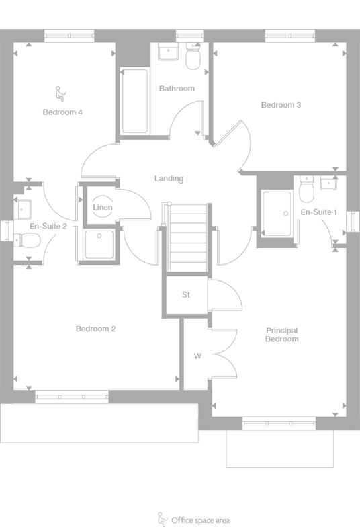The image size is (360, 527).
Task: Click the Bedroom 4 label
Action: click(62, 112)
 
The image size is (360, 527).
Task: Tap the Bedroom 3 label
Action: click(281, 105)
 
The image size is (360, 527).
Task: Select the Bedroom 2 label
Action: click(95, 329)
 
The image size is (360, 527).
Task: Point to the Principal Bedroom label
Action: click(282, 335)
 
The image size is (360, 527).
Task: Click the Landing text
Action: click(169, 179)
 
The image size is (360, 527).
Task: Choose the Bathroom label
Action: click(177, 88)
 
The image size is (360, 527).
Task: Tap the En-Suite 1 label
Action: click(318, 212)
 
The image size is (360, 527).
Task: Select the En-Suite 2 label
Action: click(48, 227)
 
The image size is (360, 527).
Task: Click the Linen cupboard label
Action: click(103, 208)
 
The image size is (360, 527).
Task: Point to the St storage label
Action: click(186, 295)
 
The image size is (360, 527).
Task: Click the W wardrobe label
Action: click(197, 355)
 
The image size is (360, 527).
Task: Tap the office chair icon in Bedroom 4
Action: click(59, 91)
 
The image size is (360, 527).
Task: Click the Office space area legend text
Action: click(201, 520)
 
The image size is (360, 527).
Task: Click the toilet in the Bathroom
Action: click(193, 58)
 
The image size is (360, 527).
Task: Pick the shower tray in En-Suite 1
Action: click(277, 214)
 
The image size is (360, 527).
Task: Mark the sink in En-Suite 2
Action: click(24, 210)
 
